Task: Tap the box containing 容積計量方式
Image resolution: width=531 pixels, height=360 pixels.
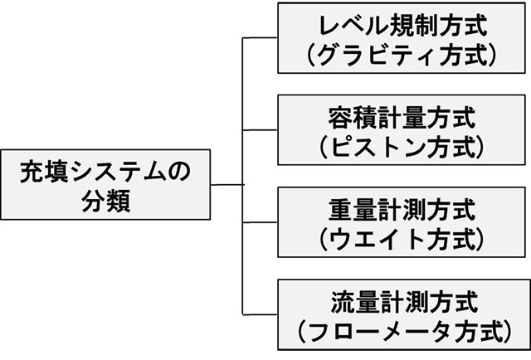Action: (402, 130)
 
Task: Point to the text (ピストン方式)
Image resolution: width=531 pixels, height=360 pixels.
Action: (402, 147)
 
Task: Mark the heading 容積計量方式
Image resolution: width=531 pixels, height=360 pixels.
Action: (402, 115)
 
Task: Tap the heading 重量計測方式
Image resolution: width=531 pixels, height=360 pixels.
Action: (402, 207)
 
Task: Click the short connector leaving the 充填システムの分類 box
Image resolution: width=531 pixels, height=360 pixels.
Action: (226, 183)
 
